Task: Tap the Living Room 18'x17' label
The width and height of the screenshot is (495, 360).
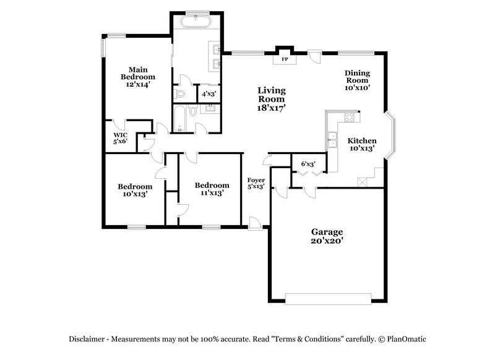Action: point(271,98)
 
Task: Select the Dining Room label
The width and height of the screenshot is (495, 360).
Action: point(357,80)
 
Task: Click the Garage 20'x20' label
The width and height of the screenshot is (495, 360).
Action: point(327,236)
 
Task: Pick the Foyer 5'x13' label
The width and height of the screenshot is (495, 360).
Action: point(256,183)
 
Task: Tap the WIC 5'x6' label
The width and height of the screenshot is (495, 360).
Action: point(120,137)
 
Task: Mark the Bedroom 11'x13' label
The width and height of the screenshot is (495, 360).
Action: point(209,189)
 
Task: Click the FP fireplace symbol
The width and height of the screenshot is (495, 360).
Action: point(285,59)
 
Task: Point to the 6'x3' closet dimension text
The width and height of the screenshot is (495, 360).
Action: point(308,164)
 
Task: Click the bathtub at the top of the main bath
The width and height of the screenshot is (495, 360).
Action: point(196,23)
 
